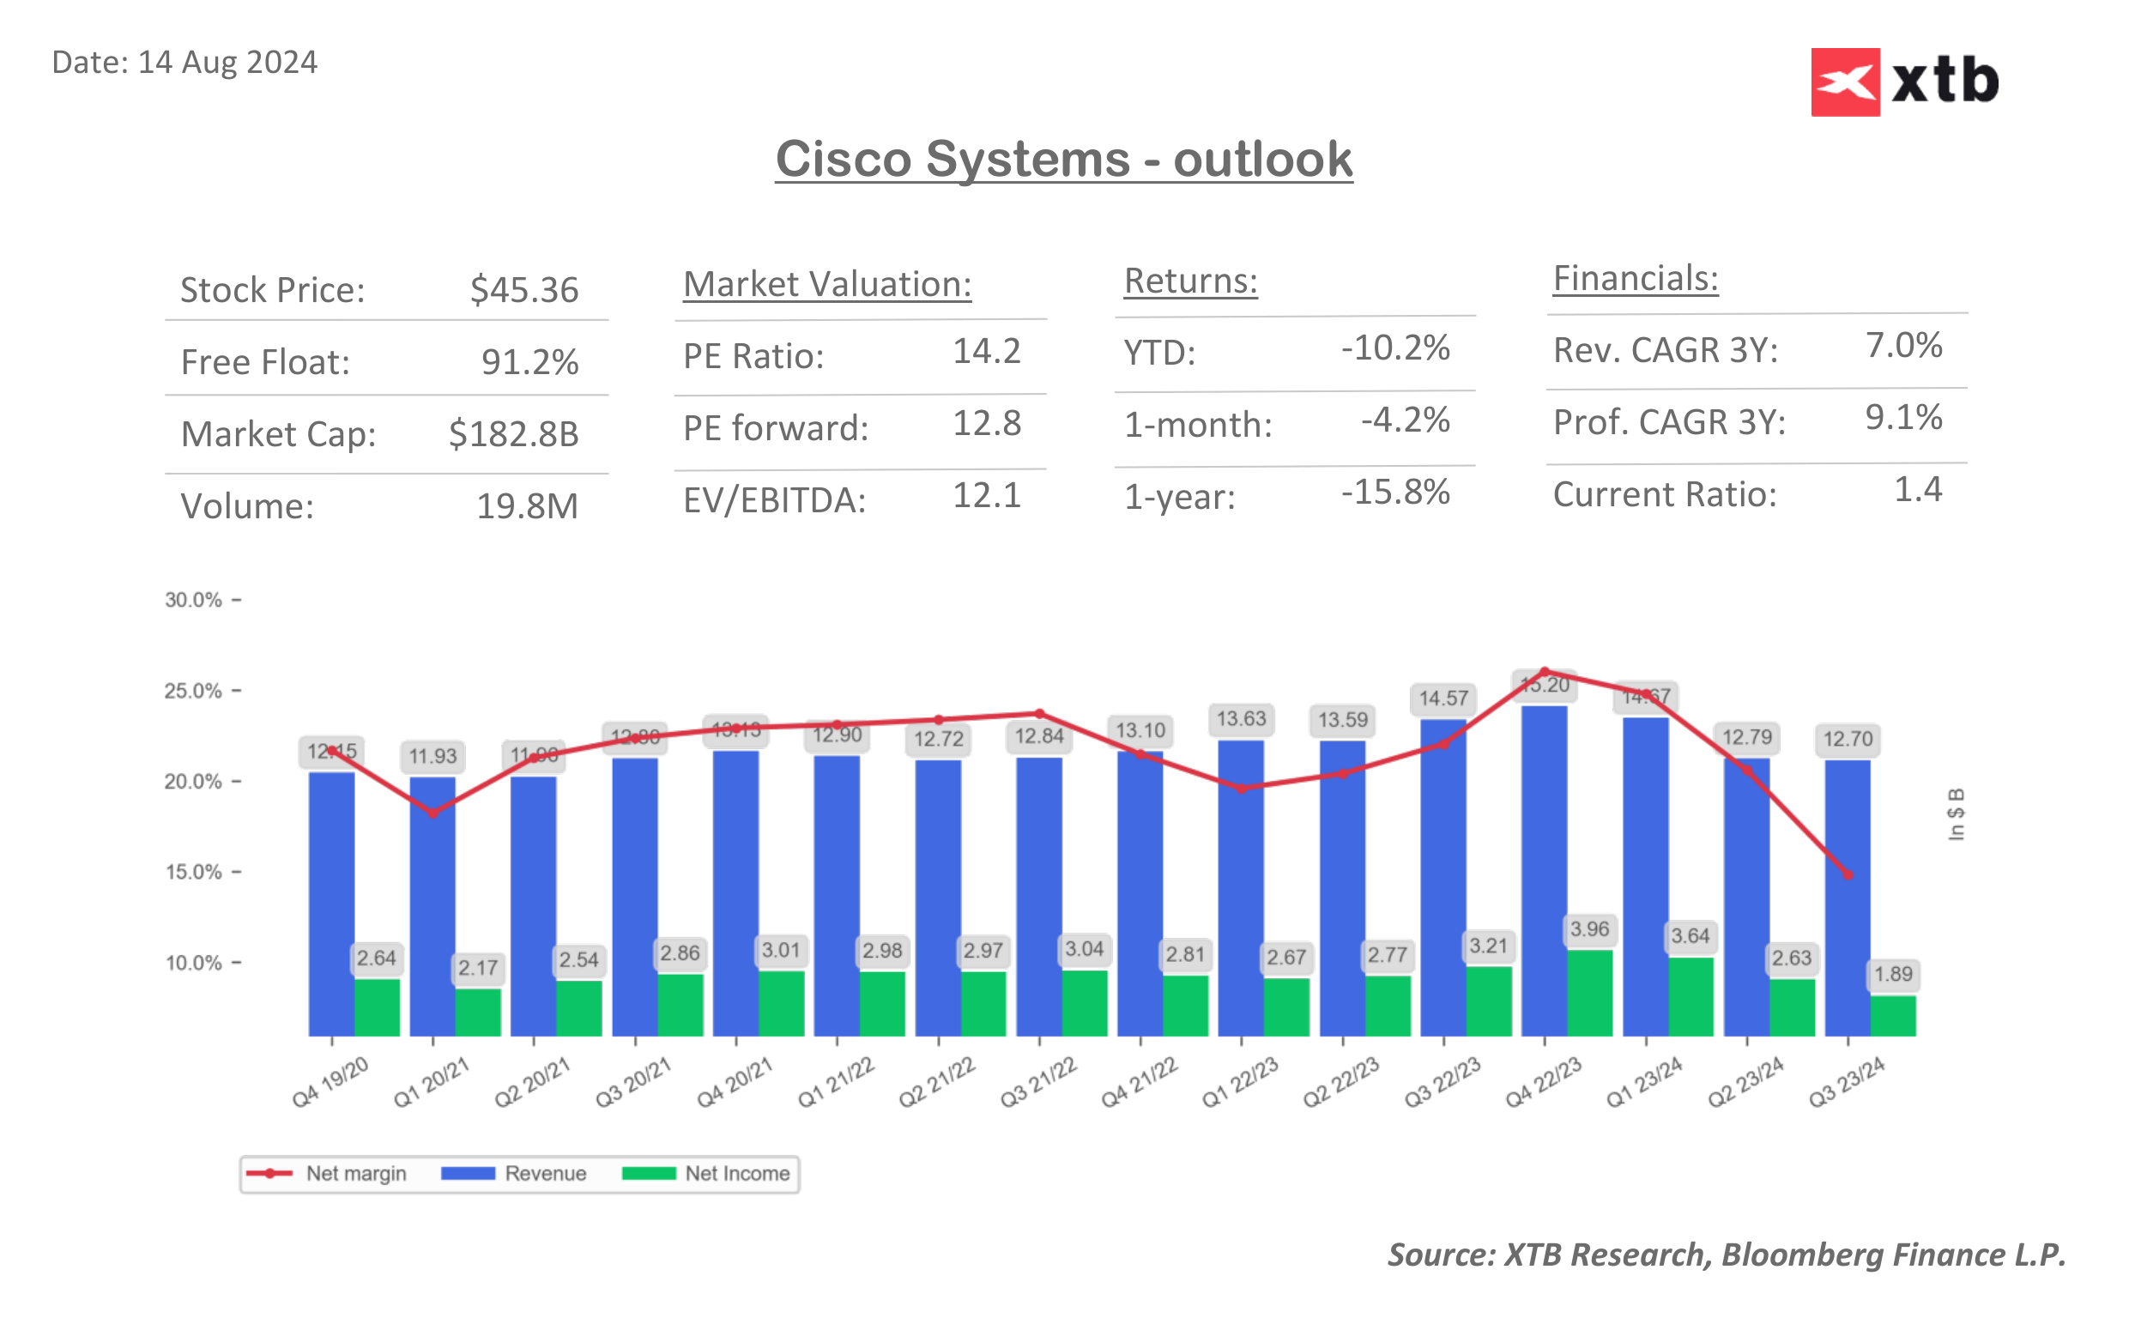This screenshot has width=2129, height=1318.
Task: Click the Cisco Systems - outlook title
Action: [1063, 160]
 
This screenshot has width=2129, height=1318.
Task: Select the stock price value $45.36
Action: [523, 289]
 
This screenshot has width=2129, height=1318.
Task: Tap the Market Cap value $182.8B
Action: [513, 433]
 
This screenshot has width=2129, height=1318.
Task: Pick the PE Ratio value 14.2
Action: [986, 351]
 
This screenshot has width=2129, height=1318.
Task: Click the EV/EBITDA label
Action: [774, 500]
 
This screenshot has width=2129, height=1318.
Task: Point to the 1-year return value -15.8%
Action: [1394, 493]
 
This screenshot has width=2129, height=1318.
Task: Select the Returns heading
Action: [1189, 281]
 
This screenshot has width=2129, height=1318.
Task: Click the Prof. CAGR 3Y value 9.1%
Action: [1902, 418]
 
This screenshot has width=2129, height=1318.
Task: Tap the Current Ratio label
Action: [1664, 494]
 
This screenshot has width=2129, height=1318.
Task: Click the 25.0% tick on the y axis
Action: [193, 692]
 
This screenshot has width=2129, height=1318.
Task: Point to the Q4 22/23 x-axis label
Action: [1542, 1082]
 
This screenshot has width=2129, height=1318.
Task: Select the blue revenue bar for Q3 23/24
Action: [1847, 898]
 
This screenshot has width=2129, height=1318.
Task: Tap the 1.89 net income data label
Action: [1892, 974]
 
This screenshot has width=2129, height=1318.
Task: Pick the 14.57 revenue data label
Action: [1443, 698]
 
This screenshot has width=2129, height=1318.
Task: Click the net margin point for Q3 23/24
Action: [1848, 874]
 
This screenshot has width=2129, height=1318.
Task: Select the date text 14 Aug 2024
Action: [227, 63]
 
